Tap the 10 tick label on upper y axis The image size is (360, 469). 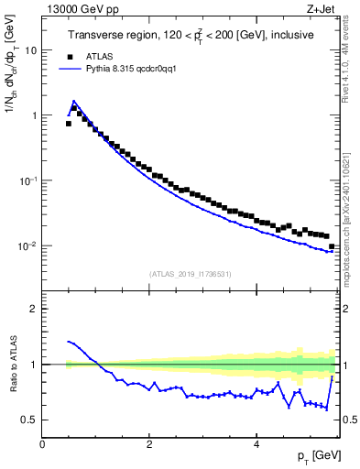coord(31,50)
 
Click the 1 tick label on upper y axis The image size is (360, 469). coord(35,115)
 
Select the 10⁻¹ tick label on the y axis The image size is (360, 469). coord(29,180)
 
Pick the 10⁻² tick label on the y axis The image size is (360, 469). coord(29,245)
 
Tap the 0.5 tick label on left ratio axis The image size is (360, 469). coord(29,420)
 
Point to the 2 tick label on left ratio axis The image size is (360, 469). coord(35,309)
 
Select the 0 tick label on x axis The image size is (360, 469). coord(42,443)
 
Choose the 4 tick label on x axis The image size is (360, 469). coord(256,443)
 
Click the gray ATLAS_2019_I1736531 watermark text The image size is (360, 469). coord(189,274)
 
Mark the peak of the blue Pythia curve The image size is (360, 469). coord(74,101)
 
